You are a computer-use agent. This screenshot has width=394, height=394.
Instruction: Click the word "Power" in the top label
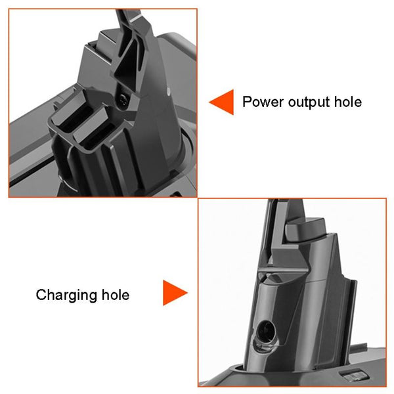261,102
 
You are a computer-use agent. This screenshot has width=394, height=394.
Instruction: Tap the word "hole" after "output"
347,102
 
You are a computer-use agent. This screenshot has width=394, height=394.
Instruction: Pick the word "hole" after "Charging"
115,294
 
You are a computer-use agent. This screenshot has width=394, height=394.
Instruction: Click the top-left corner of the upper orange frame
9,9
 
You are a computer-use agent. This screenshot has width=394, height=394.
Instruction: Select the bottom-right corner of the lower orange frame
385,386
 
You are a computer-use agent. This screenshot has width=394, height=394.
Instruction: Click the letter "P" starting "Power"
247,102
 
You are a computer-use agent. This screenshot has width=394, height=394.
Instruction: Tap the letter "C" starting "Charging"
41,294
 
